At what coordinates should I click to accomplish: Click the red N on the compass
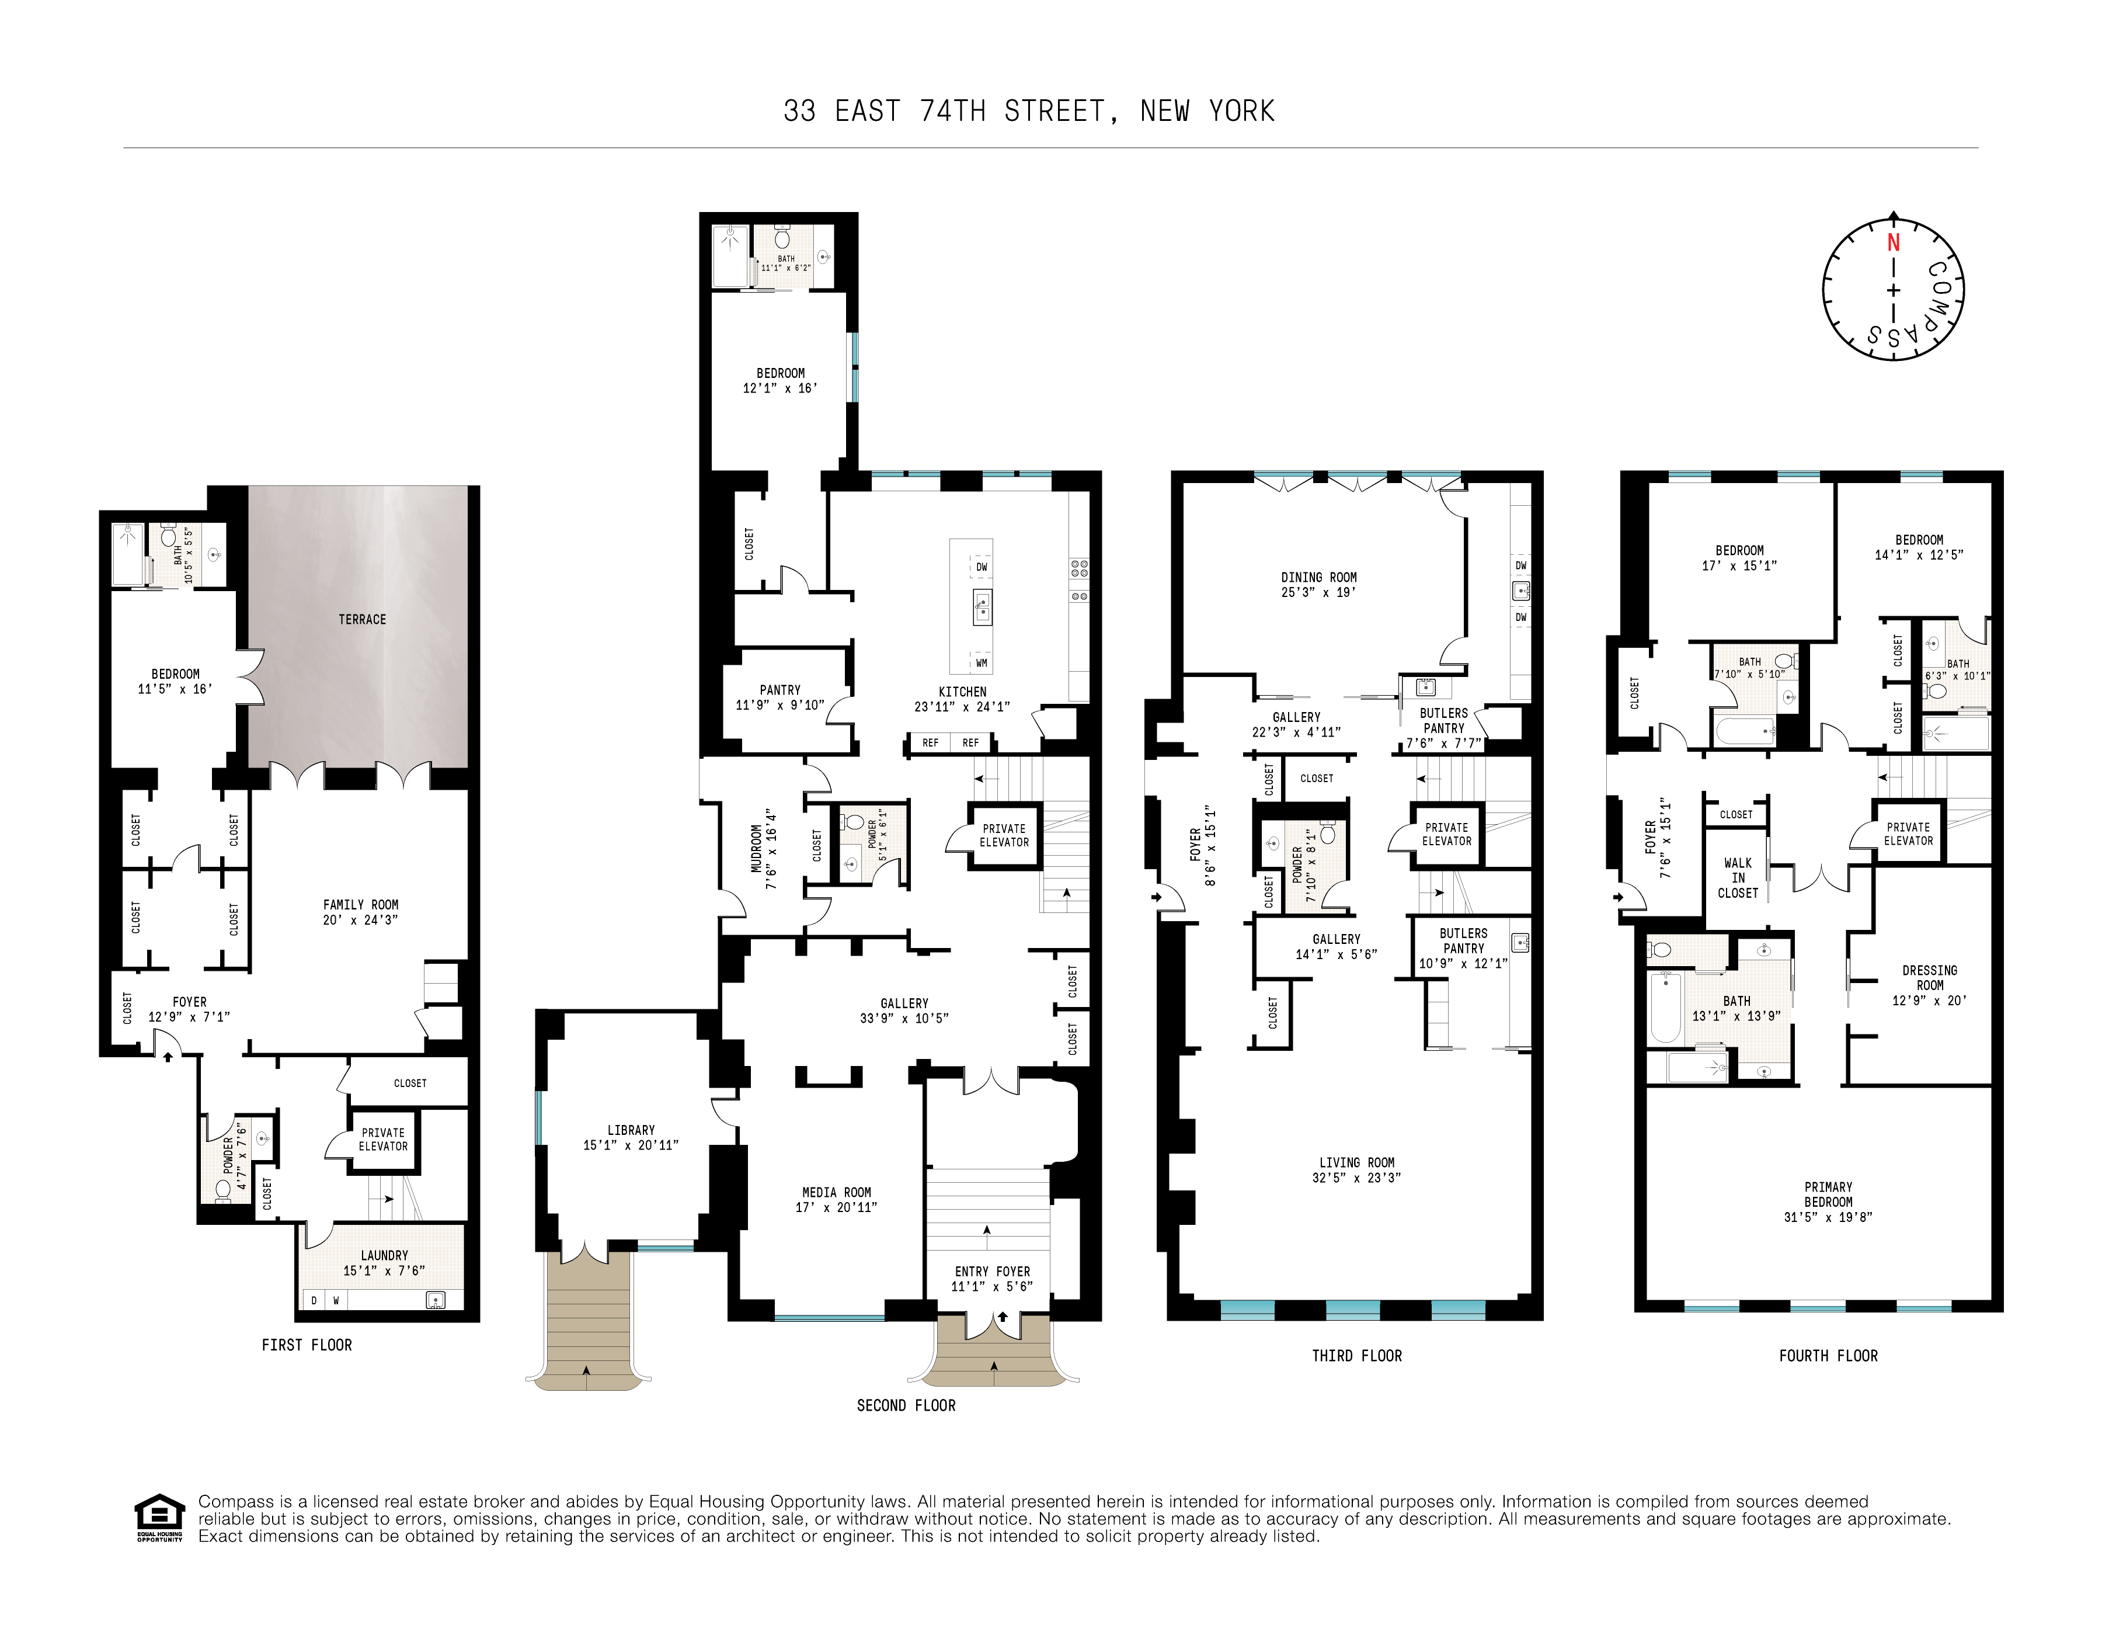click(1893, 242)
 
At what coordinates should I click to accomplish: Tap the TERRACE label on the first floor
click(362, 619)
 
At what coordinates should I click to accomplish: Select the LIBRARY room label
click(631, 1129)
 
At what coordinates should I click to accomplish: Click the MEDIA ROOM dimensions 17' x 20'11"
click(836, 1207)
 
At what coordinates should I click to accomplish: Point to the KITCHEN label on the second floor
click(962, 691)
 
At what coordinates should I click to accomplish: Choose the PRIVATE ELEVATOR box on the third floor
click(1446, 834)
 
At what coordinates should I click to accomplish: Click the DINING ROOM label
click(1318, 577)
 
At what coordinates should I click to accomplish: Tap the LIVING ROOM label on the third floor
click(1356, 1162)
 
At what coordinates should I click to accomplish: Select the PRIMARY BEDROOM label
click(1828, 1194)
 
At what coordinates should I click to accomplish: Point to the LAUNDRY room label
click(384, 1255)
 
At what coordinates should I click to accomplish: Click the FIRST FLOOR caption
click(306, 1345)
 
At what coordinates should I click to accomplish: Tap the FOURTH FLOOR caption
click(1828, 1356)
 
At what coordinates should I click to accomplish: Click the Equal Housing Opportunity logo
click(159, 1517)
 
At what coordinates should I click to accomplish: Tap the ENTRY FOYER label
click(991, 1270)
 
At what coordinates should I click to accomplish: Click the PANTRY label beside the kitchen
click(779, 689)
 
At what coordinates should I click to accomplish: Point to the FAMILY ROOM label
click(360, 904)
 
